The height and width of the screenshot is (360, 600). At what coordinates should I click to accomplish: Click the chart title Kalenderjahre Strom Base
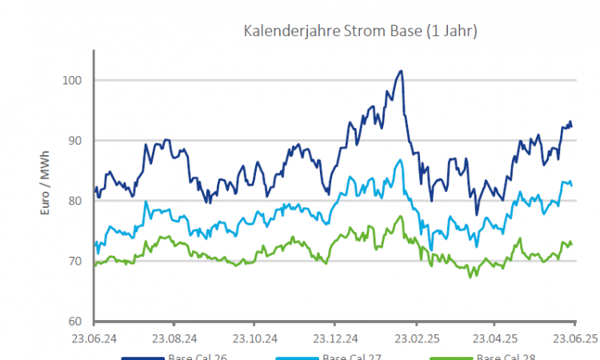point(360,31)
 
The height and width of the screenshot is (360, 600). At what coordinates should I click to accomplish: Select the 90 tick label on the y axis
point(75,141)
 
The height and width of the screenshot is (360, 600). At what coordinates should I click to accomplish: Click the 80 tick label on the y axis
point(75,201)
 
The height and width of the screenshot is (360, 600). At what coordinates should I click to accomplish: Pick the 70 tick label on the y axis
point(75,262)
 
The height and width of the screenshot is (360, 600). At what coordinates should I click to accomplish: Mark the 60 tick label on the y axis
point(75,322)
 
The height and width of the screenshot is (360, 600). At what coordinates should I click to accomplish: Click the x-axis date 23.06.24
point(94,338)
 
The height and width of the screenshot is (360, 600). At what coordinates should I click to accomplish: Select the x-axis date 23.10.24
point(254,338)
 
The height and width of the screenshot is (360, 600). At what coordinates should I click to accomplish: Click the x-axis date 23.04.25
point(496,338)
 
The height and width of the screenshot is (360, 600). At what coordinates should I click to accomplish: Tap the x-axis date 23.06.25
point(575,338)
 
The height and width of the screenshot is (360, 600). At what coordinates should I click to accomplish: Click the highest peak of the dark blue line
point(401,71)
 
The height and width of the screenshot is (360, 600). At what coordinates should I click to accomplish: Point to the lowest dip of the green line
point(470,277)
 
